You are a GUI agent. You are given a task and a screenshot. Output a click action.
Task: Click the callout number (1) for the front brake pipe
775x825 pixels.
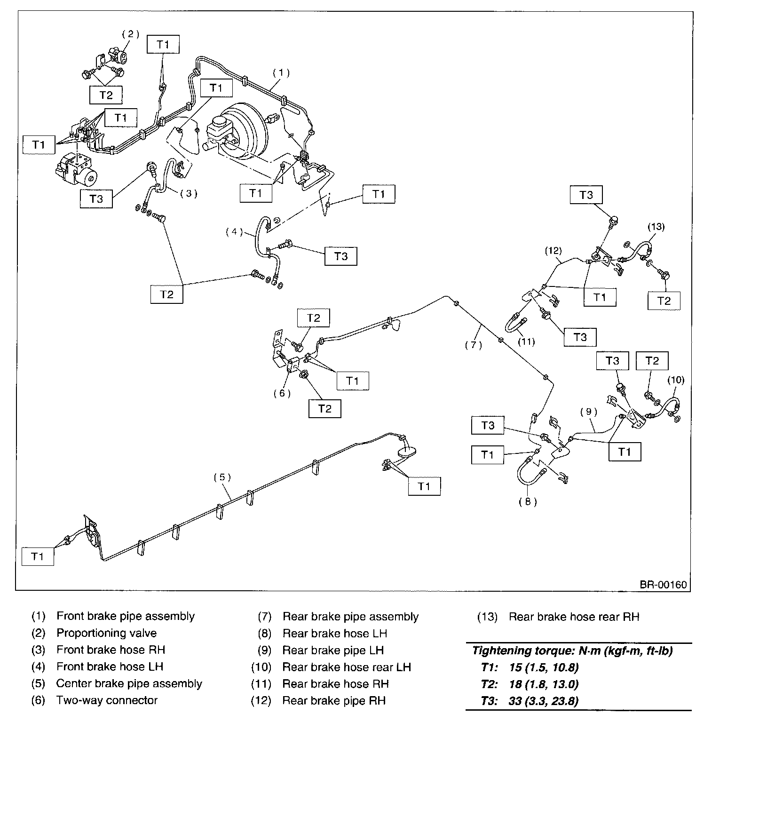pyautogui.click(x=281, y=73)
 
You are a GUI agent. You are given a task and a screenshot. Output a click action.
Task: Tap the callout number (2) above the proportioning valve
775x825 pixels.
pyautogui.click(x=131, y=34)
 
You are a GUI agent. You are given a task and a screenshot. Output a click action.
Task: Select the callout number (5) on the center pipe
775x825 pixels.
pyautogui.click(x=222, y=477)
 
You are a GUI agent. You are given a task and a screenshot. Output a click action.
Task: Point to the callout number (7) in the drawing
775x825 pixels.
pyautogui.click(x=474, y=345)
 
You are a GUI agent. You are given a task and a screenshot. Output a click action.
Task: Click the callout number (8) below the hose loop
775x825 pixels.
pyautogui.click(x=528, y=501)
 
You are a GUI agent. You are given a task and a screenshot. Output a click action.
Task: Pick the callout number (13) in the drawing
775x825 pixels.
pyautogui.click(x=656, y=227)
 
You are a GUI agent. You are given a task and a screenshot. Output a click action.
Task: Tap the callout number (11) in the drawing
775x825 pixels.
pyautogui.click(x=526, y=342)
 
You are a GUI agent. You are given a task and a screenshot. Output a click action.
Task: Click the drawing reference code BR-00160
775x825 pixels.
pyautogui.click(x=663, y=585)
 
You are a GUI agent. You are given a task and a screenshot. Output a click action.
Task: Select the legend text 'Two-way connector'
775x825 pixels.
pyautogui.click(x=107, y=700)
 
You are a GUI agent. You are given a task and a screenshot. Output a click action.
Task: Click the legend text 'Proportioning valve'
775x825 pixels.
pyautogui.click(x=106, y=633)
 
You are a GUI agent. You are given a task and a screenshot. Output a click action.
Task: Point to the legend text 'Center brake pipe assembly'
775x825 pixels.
pyautogui.click(x=129, y=683)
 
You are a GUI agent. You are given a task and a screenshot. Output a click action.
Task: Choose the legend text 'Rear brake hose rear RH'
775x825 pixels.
pyautogui.click(x=574, y=617)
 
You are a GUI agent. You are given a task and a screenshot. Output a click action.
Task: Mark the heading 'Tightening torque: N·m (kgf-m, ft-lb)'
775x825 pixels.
pyautogui.click(x=572, y=651)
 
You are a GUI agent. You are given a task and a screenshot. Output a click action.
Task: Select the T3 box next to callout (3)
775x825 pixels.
pyautogui.click(x=96, y=198)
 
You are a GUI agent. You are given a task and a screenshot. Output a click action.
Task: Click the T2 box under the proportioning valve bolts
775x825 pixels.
pyautogui.click(x=106, y=95)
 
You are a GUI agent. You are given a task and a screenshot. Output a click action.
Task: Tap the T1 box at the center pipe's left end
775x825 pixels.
pyautogui.click(x=38, y=557)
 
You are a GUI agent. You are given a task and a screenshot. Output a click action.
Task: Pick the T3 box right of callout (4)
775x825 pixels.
pyautogui.click(x=341, y=256)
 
